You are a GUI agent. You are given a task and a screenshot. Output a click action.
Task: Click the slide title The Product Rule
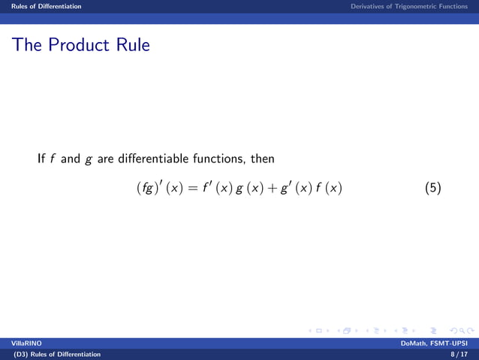[80, 45]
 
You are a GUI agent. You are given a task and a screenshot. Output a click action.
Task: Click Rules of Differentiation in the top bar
[42, 6]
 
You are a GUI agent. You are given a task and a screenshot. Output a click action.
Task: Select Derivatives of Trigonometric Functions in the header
[408, 6]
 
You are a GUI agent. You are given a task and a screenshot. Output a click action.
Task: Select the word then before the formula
[262, 159]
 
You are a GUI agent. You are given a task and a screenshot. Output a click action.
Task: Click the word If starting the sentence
[41, 159]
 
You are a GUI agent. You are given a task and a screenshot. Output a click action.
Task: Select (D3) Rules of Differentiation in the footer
[52, 354]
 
